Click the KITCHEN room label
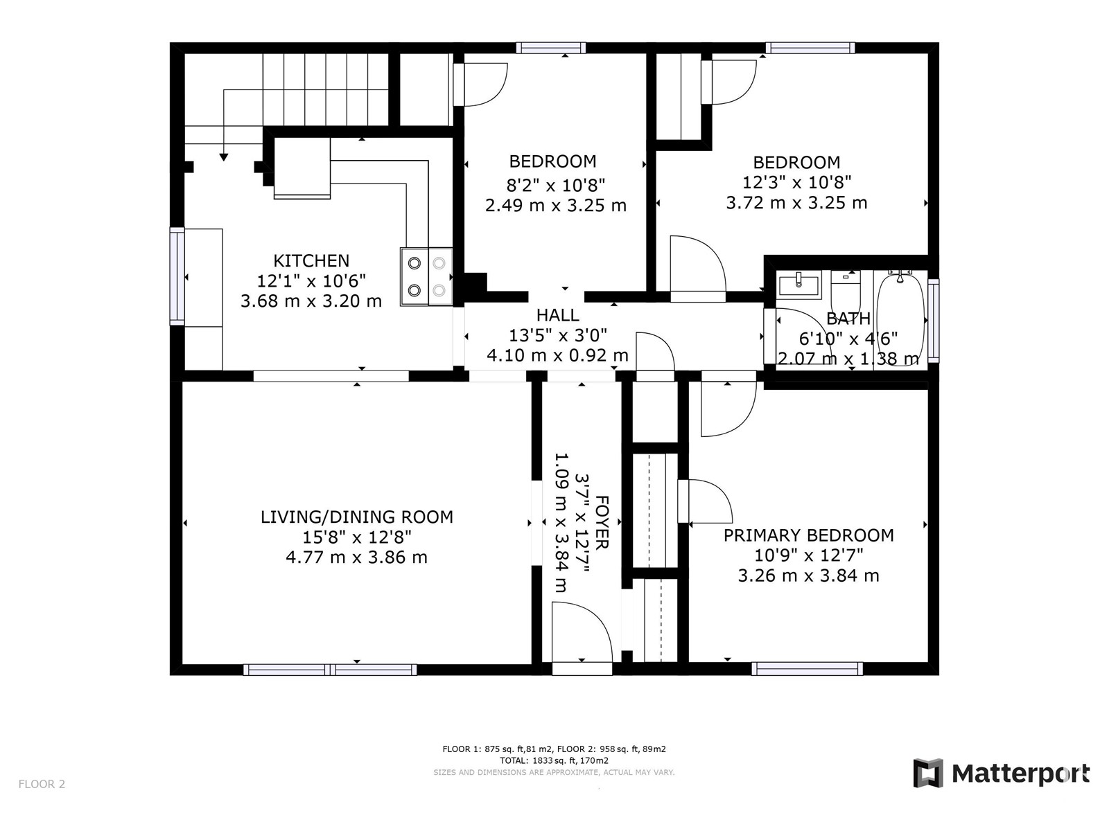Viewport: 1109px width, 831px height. click(x=311, y=261)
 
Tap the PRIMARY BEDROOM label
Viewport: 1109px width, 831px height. click(x=808, y=535)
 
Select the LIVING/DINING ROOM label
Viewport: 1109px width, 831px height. click(x=357, y=517)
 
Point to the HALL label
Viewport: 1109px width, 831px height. click(x=557, y=315)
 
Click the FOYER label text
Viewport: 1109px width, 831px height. click(x=602, y=522)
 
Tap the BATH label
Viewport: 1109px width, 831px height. click(x=848, y=319)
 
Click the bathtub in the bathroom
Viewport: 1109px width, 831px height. click(x=900, y=318)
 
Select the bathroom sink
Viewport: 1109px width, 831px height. click(x=799, y=283)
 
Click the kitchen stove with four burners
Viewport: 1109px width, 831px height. click(x=426, y=276)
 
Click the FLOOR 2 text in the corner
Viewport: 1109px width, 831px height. click(x=42, y=784)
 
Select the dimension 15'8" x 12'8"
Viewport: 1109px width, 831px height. click(x=357, y=537)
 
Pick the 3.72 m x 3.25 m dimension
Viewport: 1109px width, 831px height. click(x=797, y=203)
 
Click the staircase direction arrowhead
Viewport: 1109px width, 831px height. click(x=224, y=157)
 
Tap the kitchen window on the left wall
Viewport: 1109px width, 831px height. click(x=177, y=276)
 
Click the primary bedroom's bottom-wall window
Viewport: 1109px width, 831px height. click(x=807, y=669)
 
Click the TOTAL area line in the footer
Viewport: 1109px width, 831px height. click(x=554, y=760)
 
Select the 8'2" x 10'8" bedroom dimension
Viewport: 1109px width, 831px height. click(x=556, y=186)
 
